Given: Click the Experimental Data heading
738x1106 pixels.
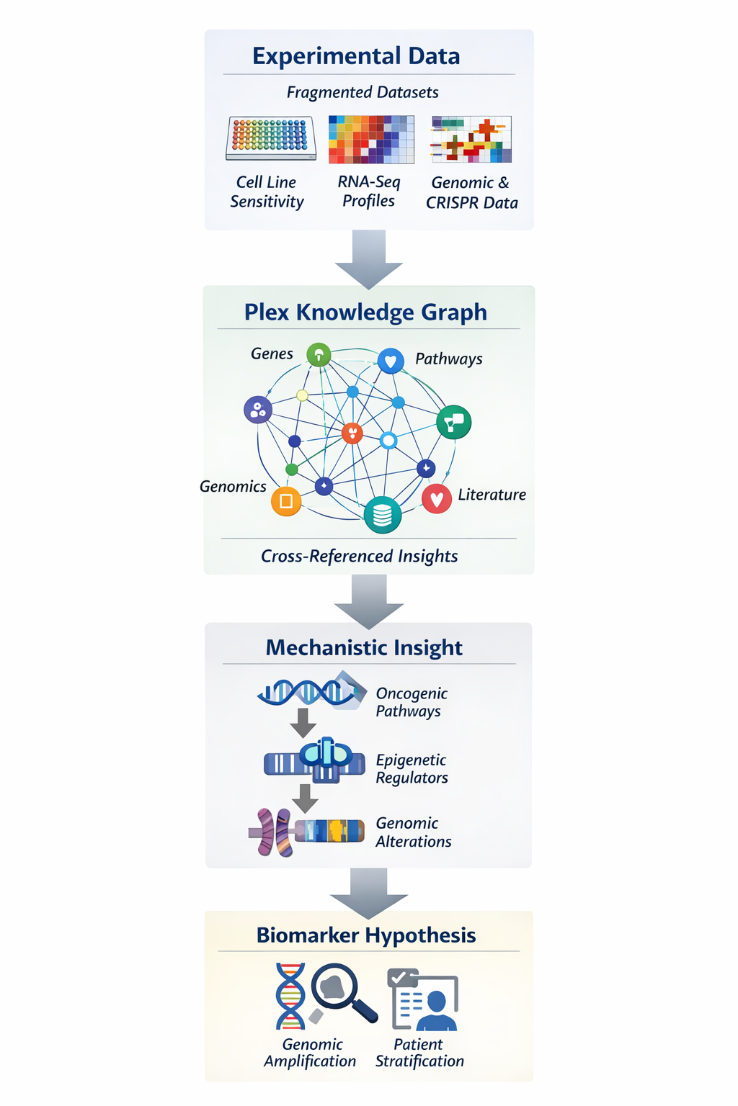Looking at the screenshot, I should click(x=356, y=56).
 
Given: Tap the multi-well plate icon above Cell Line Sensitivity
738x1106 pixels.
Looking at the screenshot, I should click(x=271, y=138).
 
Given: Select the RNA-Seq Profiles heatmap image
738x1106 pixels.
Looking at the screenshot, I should click(x=371, y=139).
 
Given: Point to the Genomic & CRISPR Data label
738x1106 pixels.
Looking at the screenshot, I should click(x=471, y=193).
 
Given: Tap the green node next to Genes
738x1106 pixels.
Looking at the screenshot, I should click(x=319, y=354).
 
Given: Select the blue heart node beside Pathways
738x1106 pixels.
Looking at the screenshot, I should click(x=391, y=361).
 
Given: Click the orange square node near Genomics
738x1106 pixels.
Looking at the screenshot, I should click(x=286, y=501).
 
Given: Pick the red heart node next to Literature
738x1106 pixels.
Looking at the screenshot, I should click(x=437, y=498).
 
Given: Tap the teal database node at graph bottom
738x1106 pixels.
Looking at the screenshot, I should click(x=383, y=515).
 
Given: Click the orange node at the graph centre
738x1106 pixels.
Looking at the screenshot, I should click(x=352, y=433).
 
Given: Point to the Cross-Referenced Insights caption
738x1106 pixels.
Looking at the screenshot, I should click(x=359, y=556).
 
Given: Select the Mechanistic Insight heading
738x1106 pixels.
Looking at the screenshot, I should click(x=364, y=647).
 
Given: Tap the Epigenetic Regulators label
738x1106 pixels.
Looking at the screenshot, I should click(x=412, y=769).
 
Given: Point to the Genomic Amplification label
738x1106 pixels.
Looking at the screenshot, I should click(x=311, y=1053).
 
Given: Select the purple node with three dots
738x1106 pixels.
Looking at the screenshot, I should click(x=258, y=410).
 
